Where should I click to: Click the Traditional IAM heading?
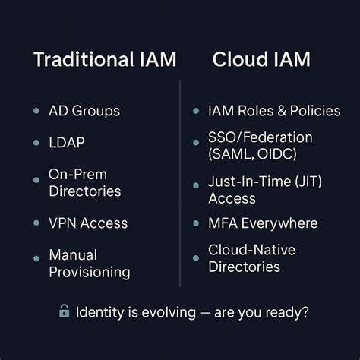[93, 61]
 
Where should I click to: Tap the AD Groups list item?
[84, 111]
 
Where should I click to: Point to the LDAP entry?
[68, 143]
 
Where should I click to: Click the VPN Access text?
[88, 223]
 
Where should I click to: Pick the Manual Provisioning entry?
[90, 263]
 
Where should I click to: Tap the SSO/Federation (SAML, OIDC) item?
[260, 146]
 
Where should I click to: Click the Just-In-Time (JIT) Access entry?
[263, 190]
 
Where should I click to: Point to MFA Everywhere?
[263, 223]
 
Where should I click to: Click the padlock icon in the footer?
[65, 311]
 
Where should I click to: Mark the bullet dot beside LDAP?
[36, 143]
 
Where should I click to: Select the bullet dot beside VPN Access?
[36, 223]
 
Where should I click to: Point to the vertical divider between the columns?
[180, 182]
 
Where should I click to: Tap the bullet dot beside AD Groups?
[36, 111]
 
